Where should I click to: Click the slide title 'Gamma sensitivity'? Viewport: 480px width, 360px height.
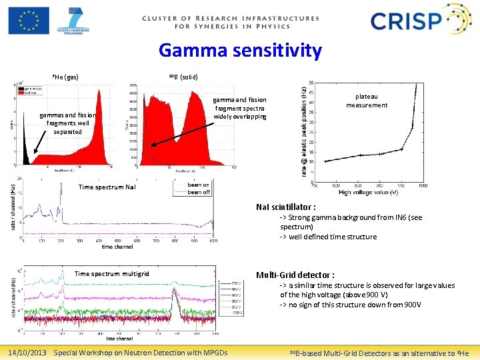click(x=240, y=51)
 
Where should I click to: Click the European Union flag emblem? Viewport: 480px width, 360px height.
click(x=28, y=20)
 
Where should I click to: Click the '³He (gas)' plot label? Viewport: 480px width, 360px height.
click(x=65, y=77)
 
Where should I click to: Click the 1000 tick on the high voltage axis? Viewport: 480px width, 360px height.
click(x=422, y=185)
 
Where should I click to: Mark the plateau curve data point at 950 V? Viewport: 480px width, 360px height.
click(x=401, y=149)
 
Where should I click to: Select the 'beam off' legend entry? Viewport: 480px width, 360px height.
click(x=198, y=192)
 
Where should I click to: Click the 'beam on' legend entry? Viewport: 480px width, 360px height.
click(x=198, y=185)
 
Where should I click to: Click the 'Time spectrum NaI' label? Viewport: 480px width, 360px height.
click(x=107, y=187)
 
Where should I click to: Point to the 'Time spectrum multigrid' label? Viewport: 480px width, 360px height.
click(x=111, y=273)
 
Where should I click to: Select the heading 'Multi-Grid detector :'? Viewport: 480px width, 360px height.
click(x=295, y=275)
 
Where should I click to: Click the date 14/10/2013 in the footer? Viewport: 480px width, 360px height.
click(x=27, y=352)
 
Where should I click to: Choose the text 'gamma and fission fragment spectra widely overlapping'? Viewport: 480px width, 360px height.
click(x=239, y=107)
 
